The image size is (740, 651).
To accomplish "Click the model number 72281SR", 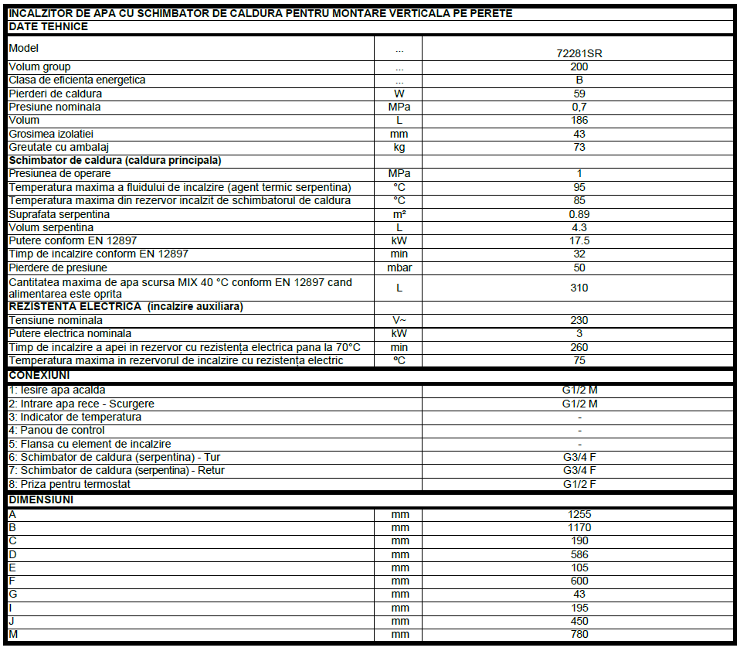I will click(579, 53).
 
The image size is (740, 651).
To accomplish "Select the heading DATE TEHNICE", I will click(48, 26).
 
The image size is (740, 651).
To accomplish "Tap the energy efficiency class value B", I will click(579, 80).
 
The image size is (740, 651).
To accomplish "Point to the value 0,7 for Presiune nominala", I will click(579, 107).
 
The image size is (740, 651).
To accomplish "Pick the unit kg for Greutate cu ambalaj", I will click(399, 147).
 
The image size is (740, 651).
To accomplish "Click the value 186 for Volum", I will click(579, 120).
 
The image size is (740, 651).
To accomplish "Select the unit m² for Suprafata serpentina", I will click(399, 214).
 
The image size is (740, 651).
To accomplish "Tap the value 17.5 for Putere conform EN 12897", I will click(579, 240).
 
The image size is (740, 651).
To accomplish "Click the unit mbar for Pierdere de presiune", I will click(399, 268).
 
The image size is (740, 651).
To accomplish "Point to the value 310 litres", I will click(579, 288).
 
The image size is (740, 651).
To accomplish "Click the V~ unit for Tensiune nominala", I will click(399, 320).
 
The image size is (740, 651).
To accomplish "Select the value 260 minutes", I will click(579, 347).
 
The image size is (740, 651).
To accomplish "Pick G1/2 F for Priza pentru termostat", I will click(579, 484).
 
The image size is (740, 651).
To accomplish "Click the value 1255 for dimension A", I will click(579, 514).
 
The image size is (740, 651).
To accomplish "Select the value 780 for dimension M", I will click(579, 634).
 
